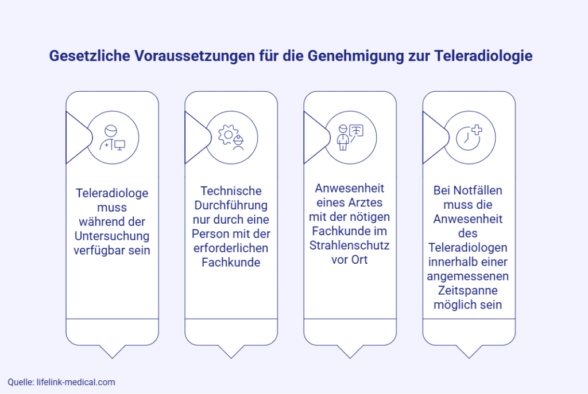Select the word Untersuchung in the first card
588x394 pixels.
[x=112, y=236]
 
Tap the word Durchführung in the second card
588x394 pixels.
[x=231, y=205]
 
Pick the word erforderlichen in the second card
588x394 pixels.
[x=231, y=248]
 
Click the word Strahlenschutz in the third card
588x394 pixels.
[x=350, y=245]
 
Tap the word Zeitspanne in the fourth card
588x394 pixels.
[x=469, y=291]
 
